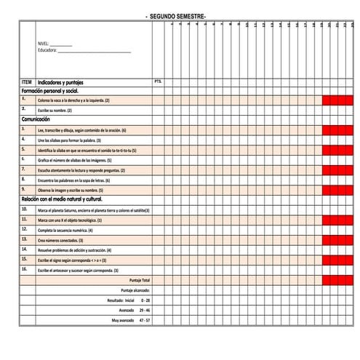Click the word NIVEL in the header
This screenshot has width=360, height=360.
click(x=46, y=44)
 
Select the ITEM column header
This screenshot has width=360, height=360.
click(x=27, y=82)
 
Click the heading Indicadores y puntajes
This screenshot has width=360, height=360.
click(x=64, y=82)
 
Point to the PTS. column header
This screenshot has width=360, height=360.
click(x=158, y=81)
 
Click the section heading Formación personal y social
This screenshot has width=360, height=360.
click(x=50, y=91)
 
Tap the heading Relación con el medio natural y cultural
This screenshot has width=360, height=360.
click(x=63, y=199)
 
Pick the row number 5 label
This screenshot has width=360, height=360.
click(x=24, y=148)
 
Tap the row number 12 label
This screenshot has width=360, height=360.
click(x=25, y=228)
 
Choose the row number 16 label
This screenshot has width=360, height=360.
click(x=25, y=268)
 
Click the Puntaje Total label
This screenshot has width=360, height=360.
click(x=139, y=280)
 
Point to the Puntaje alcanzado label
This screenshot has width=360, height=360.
click(x=135, y=290)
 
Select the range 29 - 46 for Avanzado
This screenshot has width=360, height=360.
click(x=144, y=310)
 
